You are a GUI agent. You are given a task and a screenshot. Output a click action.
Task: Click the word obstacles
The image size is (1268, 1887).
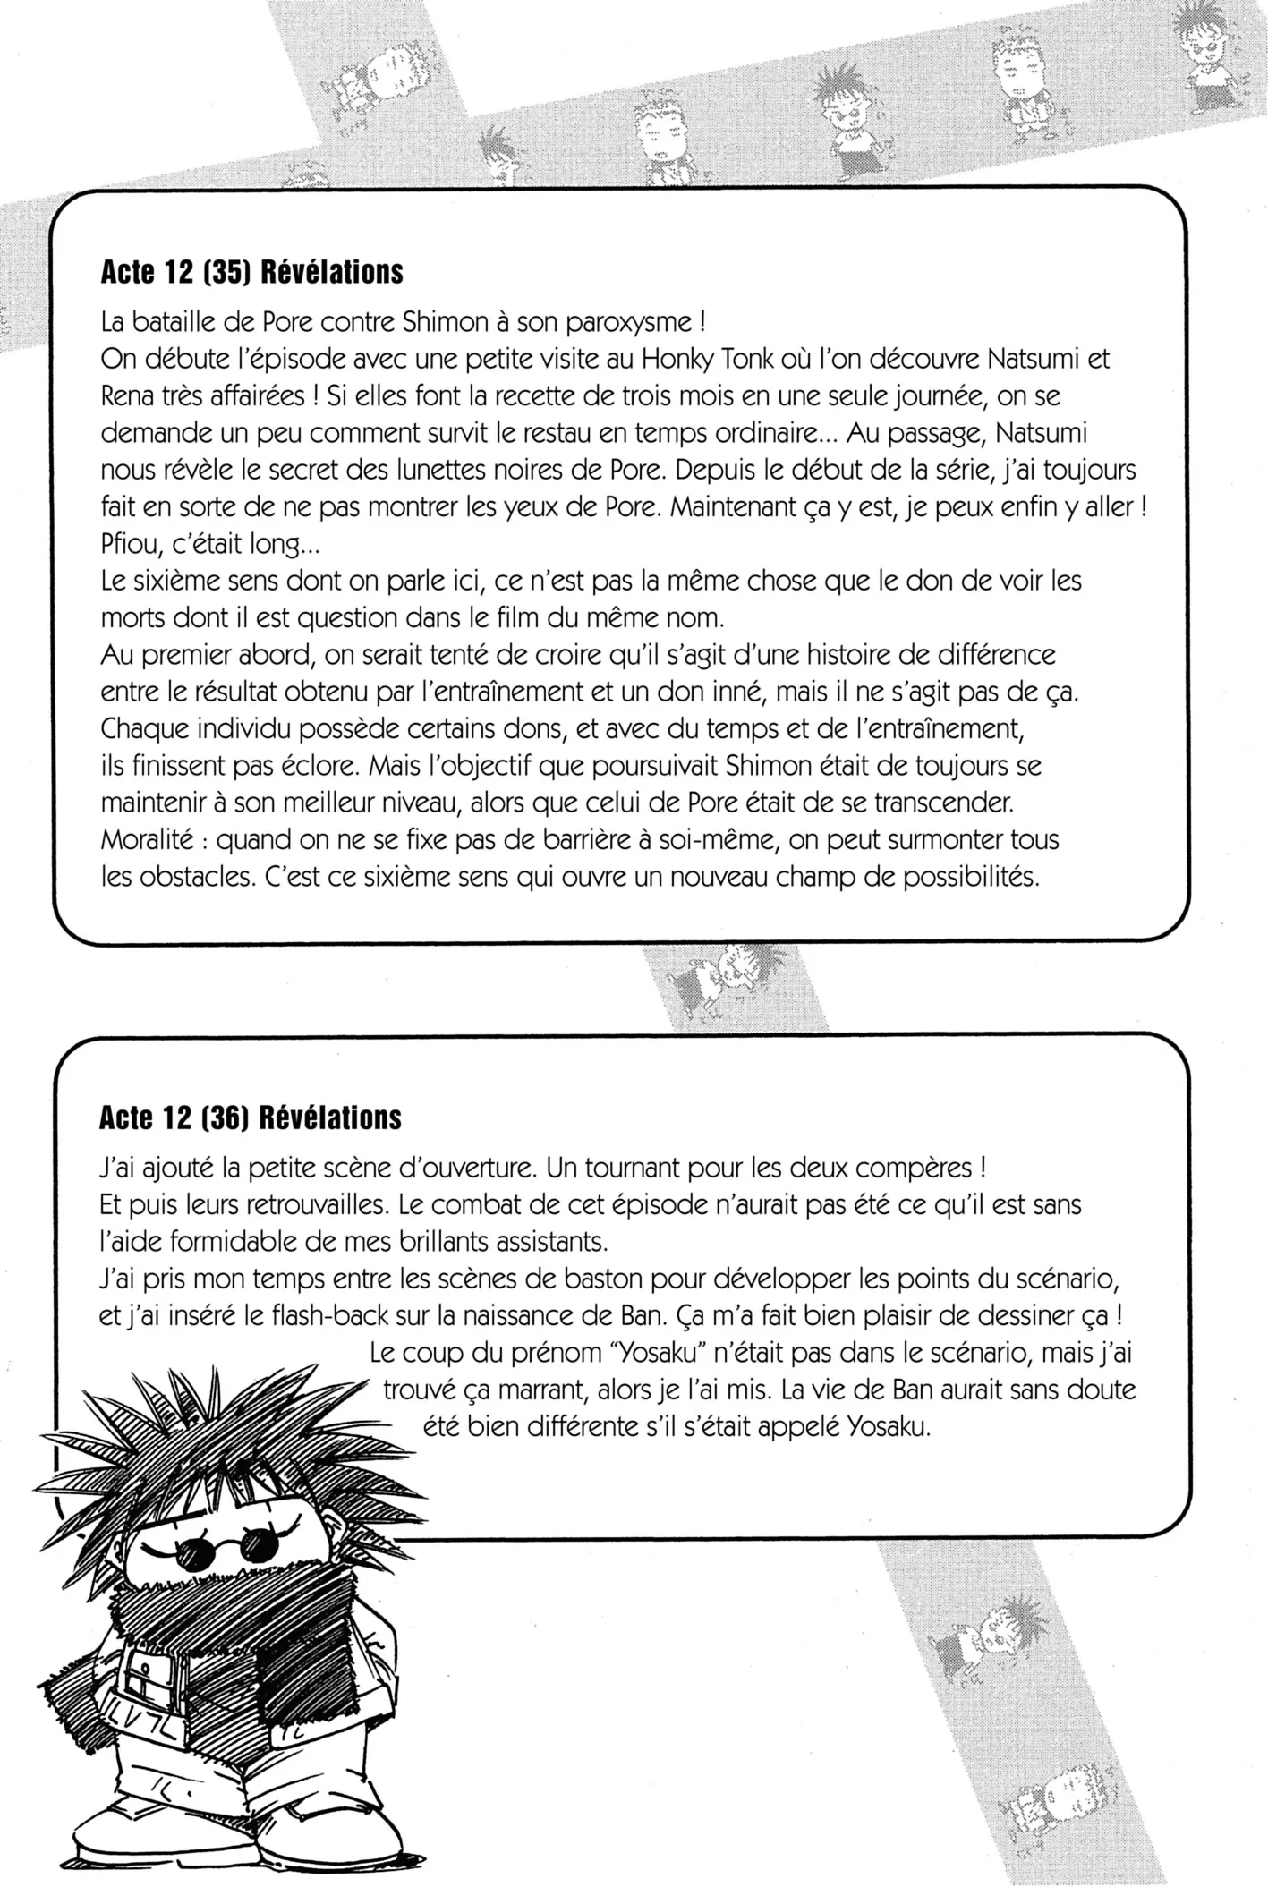[190, 877]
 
